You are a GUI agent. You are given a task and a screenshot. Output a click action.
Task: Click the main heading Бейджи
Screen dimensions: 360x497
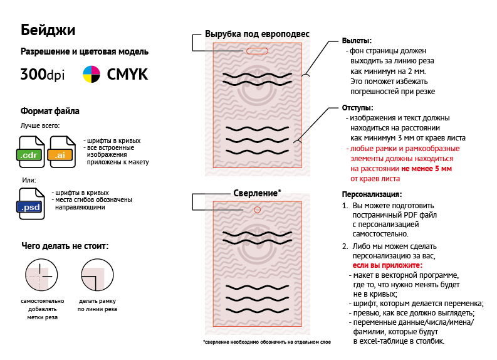pos(48,29)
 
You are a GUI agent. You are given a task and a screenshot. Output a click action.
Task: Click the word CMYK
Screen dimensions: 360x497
pos(128,74)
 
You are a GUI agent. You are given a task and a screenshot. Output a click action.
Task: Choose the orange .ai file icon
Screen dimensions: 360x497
pos(63,152)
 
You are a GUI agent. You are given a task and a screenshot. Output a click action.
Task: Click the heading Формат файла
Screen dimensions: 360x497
pos(50,112)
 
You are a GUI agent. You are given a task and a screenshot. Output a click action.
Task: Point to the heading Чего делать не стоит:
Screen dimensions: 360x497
pos(65,246)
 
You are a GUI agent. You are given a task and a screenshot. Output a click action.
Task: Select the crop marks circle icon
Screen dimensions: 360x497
pos(41,276)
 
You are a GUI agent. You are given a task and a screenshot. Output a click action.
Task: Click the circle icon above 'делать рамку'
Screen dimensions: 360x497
pos(97,276)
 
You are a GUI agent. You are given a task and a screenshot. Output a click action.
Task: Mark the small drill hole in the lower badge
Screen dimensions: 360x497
pos(258,209)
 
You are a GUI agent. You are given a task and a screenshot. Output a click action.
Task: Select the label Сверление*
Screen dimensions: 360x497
pos(257,193)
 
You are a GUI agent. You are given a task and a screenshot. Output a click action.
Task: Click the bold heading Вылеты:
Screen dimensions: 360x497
pos(357,40)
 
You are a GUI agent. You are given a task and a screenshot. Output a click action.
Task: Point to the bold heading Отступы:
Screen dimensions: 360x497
pos(357,108)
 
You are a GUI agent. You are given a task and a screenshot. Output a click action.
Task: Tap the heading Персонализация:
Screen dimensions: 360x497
pos(372,194)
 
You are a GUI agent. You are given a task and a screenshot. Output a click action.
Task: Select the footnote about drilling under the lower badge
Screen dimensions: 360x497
pos(266,342)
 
